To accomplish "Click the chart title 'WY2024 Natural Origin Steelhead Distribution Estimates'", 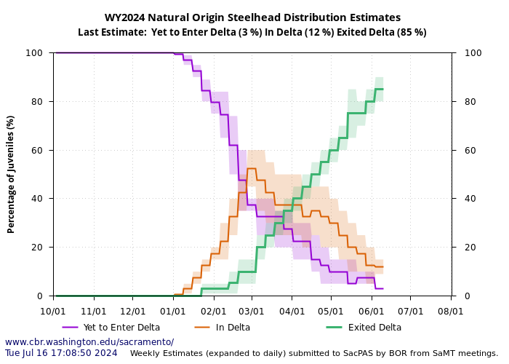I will [x=252, y=17].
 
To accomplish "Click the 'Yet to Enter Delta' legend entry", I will [x=121, y=328].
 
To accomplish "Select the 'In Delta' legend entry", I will [x=233, y=328].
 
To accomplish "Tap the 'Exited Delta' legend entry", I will [x=374, y=328].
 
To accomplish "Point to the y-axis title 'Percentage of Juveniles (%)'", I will [x=11, y=174].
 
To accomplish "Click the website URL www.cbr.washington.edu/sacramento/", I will [x=89, y=342].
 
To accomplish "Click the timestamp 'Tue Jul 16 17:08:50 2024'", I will [x=61, y=353].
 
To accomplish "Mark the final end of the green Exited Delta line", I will [x=383, y=89].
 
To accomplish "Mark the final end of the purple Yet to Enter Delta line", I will [x=383, y=289].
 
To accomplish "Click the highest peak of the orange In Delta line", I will [x=252, y=168].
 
